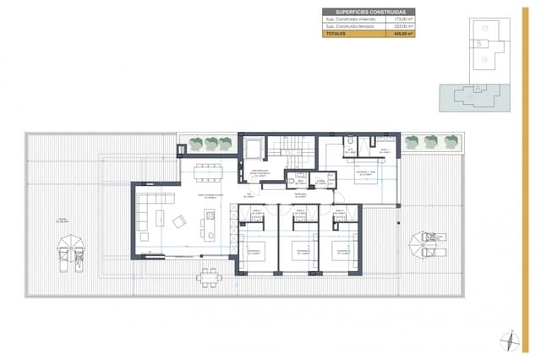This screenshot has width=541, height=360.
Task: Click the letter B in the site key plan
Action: pos(478,42)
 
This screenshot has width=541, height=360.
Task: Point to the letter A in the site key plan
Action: pos(478,87)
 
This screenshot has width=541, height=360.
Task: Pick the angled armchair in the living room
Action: pos(180,222)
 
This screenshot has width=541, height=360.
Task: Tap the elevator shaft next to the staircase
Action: pos(254,150)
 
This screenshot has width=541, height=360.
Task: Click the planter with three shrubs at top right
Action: pos(431,141)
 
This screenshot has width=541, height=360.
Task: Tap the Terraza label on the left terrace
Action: pos(63,221)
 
